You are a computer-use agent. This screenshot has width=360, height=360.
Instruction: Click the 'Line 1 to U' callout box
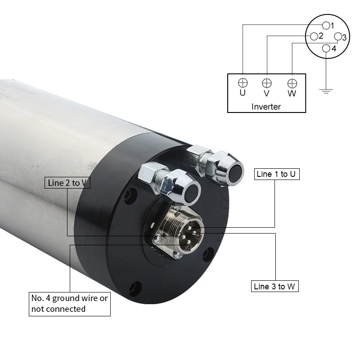[x=277, y=174]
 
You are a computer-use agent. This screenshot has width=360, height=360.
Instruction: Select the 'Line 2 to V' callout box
[x=67, y=183]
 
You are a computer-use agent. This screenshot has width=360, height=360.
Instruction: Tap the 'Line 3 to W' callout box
[x=275, y=286]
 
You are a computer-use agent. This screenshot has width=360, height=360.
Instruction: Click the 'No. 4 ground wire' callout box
[x=70, y=304]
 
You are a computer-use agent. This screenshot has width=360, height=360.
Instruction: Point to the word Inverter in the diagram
[x=266, y=107]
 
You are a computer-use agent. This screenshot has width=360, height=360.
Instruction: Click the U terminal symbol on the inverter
[x=243, y=83]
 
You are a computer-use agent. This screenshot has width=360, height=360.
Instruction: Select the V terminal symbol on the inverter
[x=267, y=83]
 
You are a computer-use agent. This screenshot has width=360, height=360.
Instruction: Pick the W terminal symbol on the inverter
[x=292, y=84]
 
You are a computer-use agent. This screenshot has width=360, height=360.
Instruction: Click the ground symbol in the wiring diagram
[x=326, y=91]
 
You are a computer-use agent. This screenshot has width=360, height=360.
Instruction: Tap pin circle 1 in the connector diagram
[x=326, y=26]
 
